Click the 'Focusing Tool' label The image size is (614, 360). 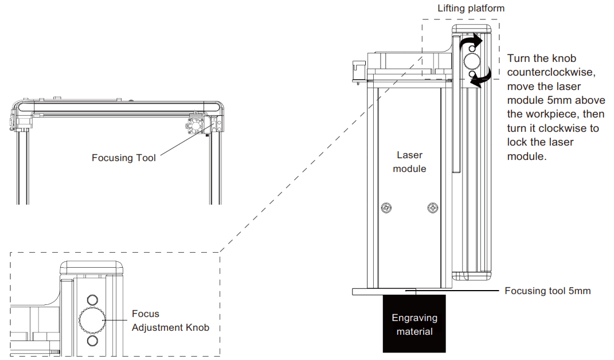(x=123, y=158)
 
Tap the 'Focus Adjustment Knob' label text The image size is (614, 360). (x=170, y=321)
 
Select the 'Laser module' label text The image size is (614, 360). (x=410, y=162)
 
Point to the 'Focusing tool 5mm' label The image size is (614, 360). (x=547, y=291)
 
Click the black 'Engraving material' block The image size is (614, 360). (x=414, y=324)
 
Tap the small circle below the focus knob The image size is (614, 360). (x=91, y=341)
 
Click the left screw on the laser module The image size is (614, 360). (x=388, y=208)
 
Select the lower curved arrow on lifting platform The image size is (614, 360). (x=480, y=78)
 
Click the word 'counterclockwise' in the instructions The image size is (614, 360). (x=544, y=72)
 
